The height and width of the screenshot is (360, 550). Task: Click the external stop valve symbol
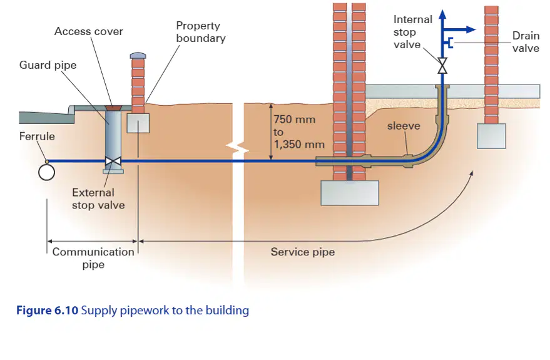point(113,162)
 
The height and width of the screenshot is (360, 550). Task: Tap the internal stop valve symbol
point(442,66)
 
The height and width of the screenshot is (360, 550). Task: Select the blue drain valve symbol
point(449,43)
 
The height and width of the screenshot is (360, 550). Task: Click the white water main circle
point(47,172)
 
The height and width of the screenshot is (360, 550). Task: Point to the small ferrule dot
point(47,162)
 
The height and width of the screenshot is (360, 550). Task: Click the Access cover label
point(89,31)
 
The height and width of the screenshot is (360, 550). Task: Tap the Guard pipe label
point(48,65)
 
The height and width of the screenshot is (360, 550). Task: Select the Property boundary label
point(201,32)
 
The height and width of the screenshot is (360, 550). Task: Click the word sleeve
point(404,126)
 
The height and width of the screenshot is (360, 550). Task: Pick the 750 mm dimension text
point(295,120)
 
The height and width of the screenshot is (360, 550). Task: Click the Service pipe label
point(303,252)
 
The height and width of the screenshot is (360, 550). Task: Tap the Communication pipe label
point(93,258)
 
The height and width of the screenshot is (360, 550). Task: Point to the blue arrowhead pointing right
point(471,29)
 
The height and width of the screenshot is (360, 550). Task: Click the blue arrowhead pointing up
point(442,14)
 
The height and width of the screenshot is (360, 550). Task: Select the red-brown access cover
point(113,107)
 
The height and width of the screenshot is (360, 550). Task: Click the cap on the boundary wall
point(138,56)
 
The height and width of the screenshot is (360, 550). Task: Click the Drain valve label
point(526,42)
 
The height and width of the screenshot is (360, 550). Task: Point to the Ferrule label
point(37,136)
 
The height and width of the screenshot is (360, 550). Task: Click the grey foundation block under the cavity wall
point(350,193)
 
